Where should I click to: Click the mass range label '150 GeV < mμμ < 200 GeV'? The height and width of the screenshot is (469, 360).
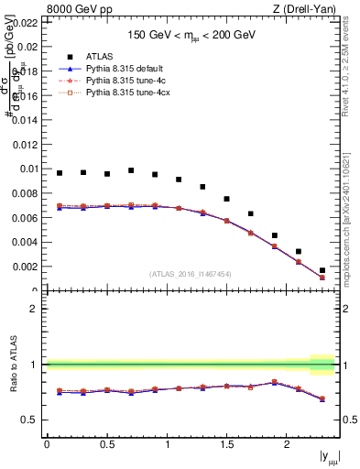pyautogui.click(x=191, y=35)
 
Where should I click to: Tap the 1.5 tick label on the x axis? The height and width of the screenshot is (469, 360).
pyautogui.click(x=226, y=445)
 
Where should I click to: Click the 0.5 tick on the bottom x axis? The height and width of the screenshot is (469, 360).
pyautogui.click(x=106, y=445)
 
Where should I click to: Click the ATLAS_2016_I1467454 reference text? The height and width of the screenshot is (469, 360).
pyautogui.click(x=191, y=274)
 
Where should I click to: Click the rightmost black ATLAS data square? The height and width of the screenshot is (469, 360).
pyautogui.click(x=322, y=270)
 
